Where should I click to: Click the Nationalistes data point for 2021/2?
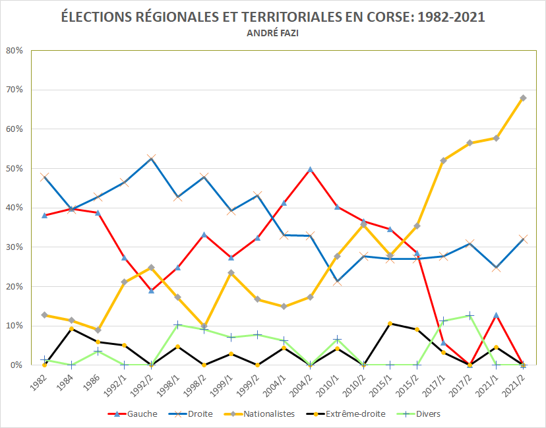pyautogui.click(x=523, y=98)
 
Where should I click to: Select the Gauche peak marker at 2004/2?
pyautogui.click(x=310, y=169)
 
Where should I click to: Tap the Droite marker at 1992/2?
pyautogui.click(x=151, y=158)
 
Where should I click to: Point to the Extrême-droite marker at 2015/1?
pyautogui.click(x=390, y=323)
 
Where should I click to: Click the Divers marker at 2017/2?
pyautogui.click(x=470, y=315)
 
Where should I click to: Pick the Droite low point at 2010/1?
pyautogui.click(x=337, y=282)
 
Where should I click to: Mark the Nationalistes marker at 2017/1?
pyautogui.click(x=443, y=160)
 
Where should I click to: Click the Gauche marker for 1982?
pyautogui.click(x=44, y=215)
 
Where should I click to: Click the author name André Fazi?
pyautogui.click(x=272, y=34)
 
